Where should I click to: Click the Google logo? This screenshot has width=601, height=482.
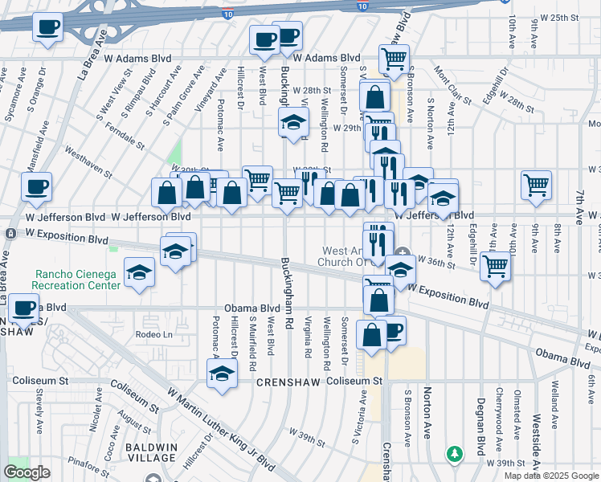27,472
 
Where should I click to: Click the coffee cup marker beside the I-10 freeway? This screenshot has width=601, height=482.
47,28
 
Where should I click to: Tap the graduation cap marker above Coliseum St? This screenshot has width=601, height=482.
223,374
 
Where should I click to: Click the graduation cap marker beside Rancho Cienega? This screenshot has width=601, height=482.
139,272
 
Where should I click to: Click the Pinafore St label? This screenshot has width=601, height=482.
89,462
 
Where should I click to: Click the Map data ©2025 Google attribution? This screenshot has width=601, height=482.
551,476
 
